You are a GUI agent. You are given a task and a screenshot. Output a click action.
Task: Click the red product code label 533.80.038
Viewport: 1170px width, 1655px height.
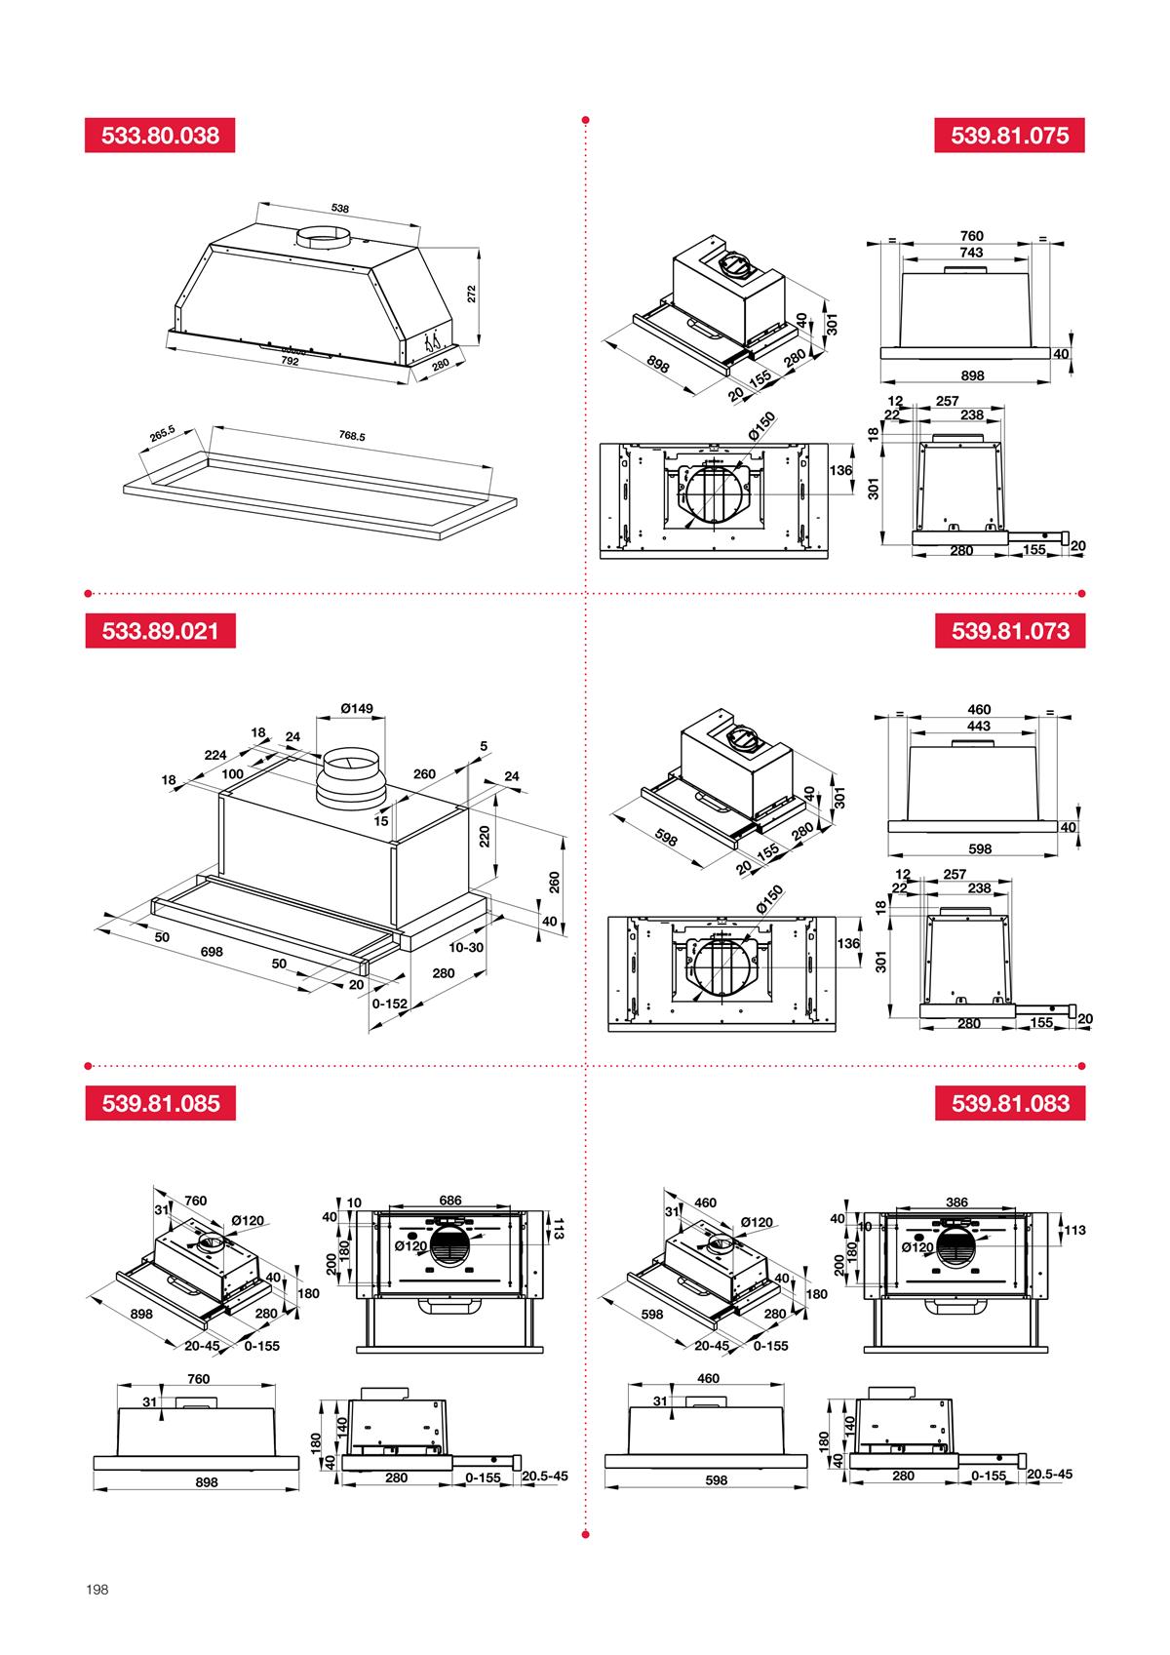(160, 136)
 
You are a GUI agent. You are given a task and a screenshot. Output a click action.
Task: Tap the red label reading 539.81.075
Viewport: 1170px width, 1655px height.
(1010, 136)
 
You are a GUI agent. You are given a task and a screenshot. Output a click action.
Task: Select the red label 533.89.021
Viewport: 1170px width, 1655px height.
(160, 630)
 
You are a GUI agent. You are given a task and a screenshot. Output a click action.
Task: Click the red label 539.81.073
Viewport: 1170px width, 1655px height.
(1010, 630)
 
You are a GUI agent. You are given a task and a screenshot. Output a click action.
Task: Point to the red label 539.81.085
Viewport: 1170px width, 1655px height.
(160, 1103)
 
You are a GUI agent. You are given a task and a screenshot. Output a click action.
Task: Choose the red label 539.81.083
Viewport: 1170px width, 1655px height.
(1010, 1103)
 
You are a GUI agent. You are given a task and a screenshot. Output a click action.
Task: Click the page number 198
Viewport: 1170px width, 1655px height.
(97, 1589)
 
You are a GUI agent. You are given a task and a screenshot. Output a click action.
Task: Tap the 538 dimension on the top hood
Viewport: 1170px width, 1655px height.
(339, 208)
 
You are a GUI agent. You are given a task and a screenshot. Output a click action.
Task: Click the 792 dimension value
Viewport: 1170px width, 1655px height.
(290, 361)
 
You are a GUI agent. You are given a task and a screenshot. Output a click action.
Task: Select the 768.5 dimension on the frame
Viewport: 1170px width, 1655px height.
(352, 436)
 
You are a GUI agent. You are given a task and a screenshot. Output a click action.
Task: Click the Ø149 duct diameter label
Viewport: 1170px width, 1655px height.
(356, 708)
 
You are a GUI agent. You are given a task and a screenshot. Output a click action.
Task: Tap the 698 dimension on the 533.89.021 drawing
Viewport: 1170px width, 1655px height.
(212, 952)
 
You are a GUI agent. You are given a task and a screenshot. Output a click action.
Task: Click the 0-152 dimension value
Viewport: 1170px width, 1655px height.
(390, 1003)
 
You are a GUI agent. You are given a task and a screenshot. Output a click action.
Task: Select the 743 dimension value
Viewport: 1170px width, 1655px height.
(971, 252)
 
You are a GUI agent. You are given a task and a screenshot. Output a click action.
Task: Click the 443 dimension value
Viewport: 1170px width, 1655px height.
(979, 726)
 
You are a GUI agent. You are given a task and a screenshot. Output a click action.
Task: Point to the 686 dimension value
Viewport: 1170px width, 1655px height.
(449, 1201)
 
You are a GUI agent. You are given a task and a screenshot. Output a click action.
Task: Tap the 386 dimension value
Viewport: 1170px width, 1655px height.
(956, 1202)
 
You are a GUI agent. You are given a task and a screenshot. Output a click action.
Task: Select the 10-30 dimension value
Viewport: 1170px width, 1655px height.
(466, 947)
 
